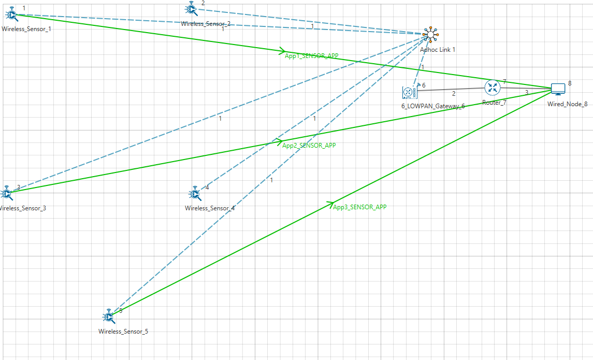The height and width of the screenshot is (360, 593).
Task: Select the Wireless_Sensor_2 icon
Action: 191,9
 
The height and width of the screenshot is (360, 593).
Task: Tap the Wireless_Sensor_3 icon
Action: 7,194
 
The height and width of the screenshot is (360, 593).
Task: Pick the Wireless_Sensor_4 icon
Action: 195,194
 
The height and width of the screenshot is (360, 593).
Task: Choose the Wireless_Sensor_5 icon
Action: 109,315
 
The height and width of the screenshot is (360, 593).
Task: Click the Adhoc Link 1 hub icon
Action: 429,35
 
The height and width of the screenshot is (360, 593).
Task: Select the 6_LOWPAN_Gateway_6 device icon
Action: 410,92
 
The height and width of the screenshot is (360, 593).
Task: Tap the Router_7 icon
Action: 492,87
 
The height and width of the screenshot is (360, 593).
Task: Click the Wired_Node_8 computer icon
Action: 558,89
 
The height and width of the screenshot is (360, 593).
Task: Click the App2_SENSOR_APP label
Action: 309,146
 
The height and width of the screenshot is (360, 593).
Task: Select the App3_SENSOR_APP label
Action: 360,207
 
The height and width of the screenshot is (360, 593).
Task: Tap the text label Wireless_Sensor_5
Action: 123,331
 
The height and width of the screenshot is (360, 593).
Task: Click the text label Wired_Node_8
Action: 567,104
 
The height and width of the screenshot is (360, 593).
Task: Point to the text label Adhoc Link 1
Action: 438,50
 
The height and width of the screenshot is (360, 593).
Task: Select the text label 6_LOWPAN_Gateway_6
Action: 433,106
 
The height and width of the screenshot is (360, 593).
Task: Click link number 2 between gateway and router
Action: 454,94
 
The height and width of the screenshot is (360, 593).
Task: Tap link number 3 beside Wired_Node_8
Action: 527,93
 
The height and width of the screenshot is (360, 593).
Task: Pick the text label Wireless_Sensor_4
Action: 210,208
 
